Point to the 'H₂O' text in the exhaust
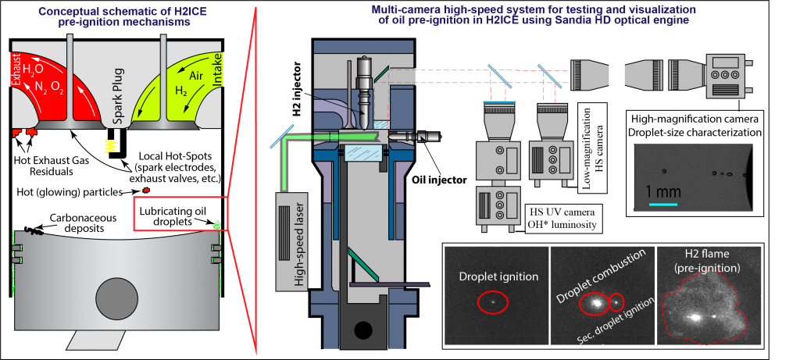pyautogui.click(x=33, y=71)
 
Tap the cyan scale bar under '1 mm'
pyautogui.click(x=662, y=205)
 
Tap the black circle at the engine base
pyautogui.click(x=363, y=330)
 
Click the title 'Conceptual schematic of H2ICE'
pyautogui.click(x=117, y=12)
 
